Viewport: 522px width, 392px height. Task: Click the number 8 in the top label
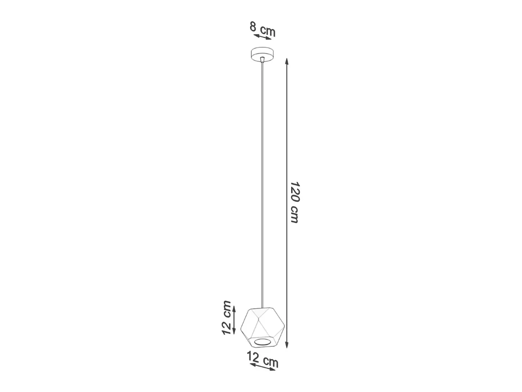point(253,26)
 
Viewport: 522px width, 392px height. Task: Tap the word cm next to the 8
point(268,31)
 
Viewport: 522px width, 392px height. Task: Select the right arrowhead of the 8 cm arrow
point(269,38)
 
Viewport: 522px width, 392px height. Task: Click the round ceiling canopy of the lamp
point(262,55)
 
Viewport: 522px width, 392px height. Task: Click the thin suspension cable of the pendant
point(262,186)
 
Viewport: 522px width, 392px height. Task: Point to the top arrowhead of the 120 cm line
point(287,61)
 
